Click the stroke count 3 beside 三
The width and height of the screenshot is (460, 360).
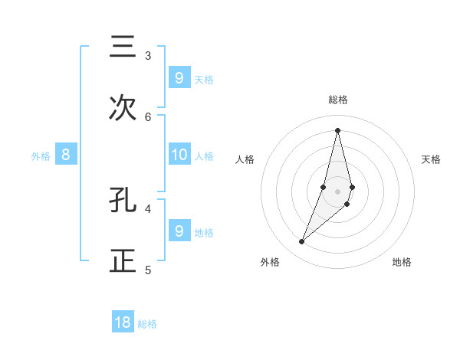148,56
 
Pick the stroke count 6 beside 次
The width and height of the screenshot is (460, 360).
148,116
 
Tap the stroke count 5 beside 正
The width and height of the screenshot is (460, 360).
148,270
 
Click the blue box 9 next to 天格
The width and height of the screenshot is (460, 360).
179,77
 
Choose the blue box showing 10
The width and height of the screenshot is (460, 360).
179,155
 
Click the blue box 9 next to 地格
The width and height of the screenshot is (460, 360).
179,231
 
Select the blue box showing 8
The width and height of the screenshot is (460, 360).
66,155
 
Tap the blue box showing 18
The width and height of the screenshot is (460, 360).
123,322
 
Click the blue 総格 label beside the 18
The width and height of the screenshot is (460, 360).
147,324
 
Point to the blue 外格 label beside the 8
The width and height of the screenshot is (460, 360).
41,156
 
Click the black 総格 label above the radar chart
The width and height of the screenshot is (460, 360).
338,100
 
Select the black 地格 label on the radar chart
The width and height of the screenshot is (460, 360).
402,262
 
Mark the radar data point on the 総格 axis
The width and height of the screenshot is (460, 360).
337,129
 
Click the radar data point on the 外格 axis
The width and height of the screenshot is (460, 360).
301,242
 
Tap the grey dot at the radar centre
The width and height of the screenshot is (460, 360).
337,191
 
